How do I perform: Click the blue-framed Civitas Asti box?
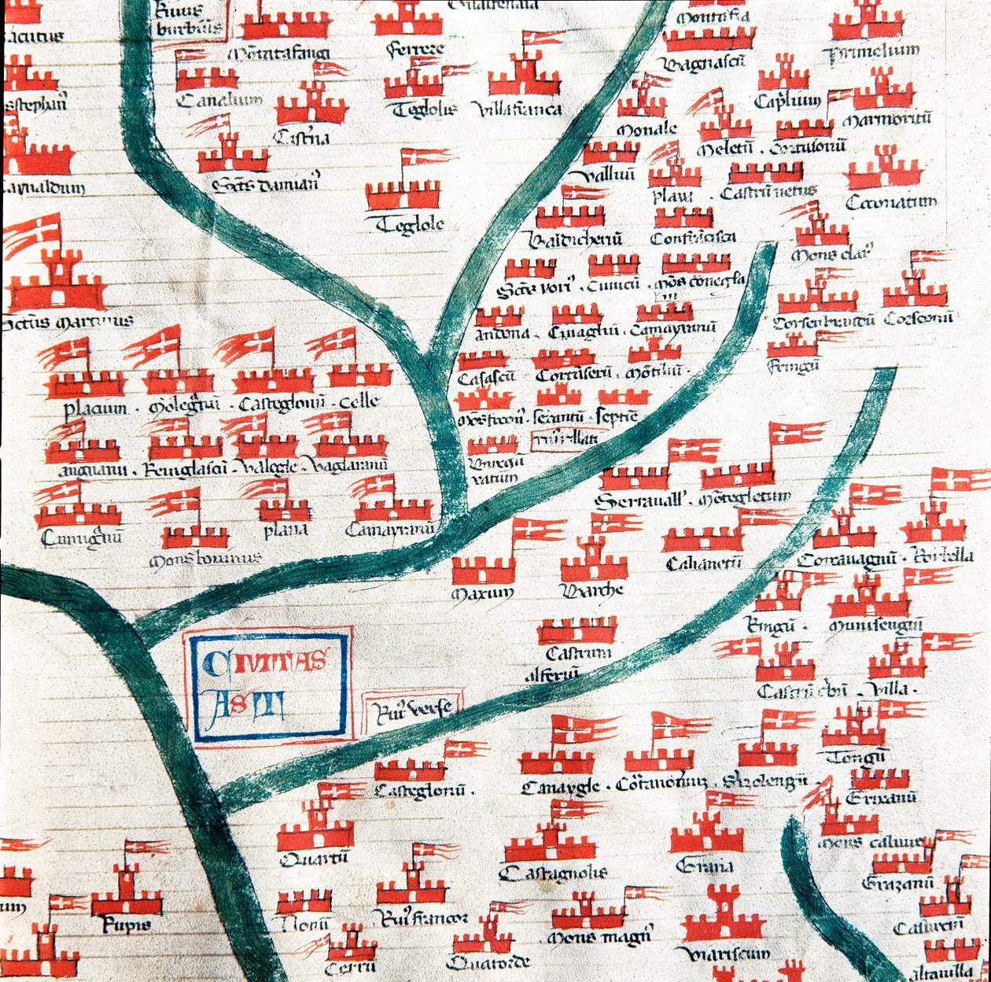pyautogui.click(x=268, y=685)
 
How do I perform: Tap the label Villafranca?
pyautogui.click(x=520, y=109)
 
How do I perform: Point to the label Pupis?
pyautogui.click(x=126, y=926)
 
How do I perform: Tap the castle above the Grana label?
pyautogui.click(x=706, y=834)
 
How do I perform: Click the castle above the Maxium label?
pyautogui.click(x=482, y=570)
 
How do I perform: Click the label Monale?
pyautogui.click(x=646, y=128)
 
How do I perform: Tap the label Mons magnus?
pyautogui.click(x=599, y=938)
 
